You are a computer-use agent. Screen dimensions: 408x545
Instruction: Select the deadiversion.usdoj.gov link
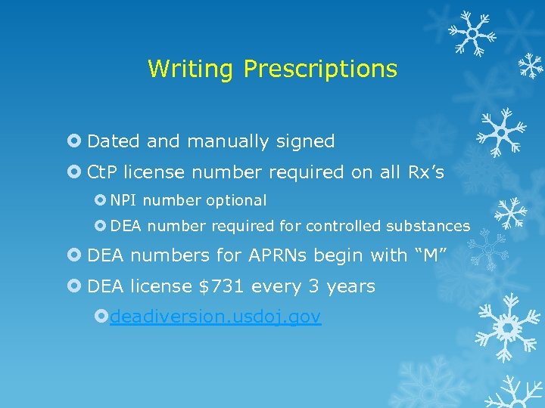pos(215,317)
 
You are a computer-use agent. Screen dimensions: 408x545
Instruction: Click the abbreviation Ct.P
pos(103,173)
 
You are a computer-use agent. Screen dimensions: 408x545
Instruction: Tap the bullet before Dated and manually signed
pos(74,141)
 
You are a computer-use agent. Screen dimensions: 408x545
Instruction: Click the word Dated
pos(114,142)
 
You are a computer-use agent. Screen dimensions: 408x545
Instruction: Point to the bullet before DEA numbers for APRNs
pos(74,256)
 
